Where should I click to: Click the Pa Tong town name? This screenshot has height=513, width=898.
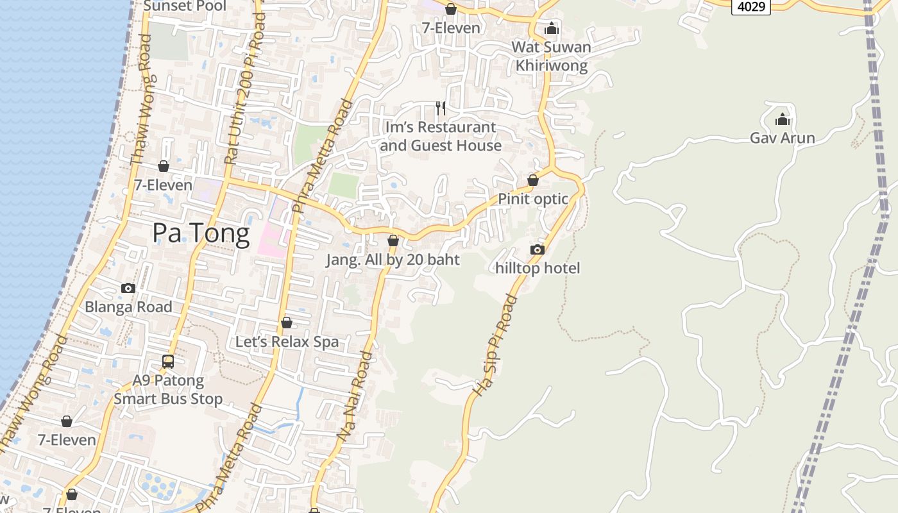pos(201,234)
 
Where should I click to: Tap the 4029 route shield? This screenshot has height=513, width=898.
pos(751,6)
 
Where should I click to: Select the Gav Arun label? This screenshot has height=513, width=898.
pos(783,138)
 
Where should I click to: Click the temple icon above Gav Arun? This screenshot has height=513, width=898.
pos(783,119)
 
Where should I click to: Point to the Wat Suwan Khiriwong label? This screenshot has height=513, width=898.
pos(552,56)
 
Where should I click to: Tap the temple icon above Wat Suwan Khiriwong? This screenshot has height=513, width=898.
pos(552,28)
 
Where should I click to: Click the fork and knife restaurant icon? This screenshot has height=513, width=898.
pos(441,108)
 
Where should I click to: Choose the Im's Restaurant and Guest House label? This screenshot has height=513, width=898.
pos(441,137)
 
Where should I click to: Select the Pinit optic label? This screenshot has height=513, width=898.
pos(533,199)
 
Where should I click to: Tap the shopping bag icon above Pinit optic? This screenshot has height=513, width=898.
pos(533,180)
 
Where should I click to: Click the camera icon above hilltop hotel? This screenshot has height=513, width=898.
pos(538,249)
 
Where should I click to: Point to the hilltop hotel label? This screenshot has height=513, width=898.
pos(538,268)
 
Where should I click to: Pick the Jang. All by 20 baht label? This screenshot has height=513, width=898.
pos(393,260)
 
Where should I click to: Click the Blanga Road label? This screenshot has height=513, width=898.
pos(128,307)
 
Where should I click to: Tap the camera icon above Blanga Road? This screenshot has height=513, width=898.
pos(128,288)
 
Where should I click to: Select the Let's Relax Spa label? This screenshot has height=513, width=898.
pos(287,342)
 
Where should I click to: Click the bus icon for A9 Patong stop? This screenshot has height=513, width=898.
pos(168,362)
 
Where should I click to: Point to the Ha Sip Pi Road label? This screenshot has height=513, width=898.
pos(494,344)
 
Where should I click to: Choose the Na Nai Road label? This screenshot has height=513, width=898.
pos(355,396)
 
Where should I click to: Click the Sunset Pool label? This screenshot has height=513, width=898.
pos(185,6)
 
